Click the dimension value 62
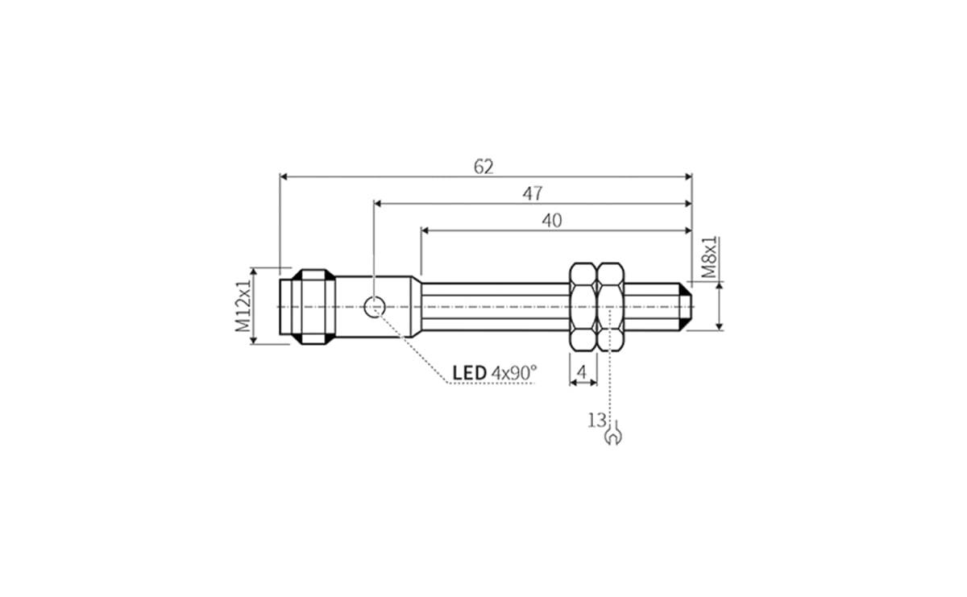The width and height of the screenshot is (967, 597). [483, 167]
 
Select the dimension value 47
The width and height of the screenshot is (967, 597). [533, 193]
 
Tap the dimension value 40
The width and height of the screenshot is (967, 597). [552, 221]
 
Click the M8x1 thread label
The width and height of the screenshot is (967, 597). [709, 258]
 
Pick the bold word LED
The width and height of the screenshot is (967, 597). [469, 372]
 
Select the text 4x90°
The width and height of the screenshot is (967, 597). [514, 372]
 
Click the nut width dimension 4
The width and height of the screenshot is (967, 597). [582, 372]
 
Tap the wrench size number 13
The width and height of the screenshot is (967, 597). [596, 419]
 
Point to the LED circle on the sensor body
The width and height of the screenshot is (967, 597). [374, 306]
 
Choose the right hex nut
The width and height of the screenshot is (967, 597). [610, 306]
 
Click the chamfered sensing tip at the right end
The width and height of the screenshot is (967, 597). [687, 306]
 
